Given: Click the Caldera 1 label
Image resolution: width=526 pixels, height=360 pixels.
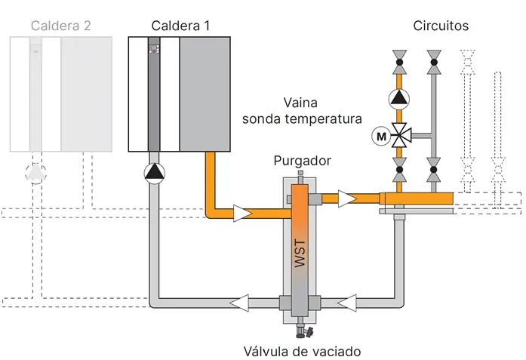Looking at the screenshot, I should [x=180, y=26].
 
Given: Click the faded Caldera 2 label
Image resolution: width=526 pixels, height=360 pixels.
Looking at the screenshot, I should [x=61, y=26].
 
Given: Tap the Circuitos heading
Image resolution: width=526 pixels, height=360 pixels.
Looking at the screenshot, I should [x=441, y=26].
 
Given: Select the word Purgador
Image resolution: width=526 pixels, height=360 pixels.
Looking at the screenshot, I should [x=303, y=162].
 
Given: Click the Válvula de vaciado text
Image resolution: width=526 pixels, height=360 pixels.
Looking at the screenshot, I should [x=303, y=351].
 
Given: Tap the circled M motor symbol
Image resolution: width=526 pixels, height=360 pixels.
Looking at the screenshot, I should [x=380, y=137].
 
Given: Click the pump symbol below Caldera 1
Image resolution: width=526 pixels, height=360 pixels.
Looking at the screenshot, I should [x=154, y=173].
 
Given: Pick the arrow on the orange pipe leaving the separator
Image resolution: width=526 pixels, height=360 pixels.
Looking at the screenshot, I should [x=346, y=199].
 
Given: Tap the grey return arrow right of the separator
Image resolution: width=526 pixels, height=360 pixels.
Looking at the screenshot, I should [x=346, y=303].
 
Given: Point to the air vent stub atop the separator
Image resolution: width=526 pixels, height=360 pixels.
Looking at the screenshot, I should [x=302, y=176].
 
